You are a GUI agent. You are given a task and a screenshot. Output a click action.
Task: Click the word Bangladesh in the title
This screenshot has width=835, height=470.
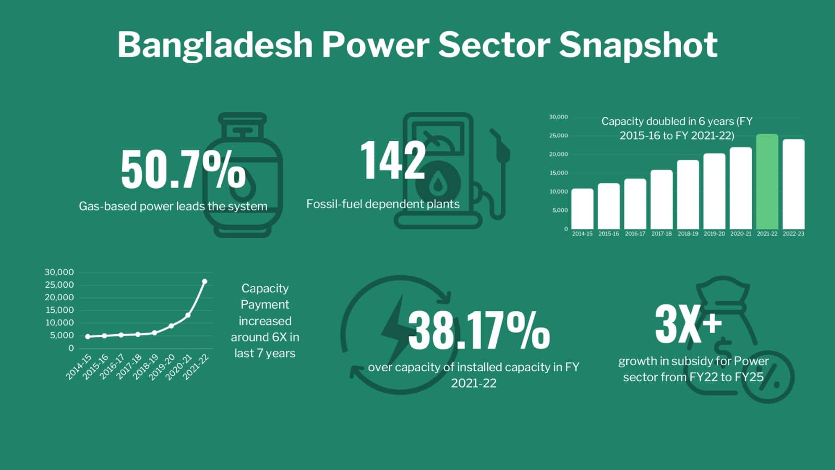click(214, 45)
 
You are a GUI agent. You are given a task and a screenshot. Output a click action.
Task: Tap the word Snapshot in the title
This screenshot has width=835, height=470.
click(638, 45)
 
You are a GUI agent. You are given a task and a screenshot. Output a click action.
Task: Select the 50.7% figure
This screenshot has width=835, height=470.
click(183, 170)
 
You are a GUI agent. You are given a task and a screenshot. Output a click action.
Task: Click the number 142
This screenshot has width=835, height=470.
click(393, 161)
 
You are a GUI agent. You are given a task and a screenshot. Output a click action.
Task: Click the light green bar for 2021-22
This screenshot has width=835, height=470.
click(767, 182)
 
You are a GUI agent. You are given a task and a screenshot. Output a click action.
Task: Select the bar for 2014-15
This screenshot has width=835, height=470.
click(582, 209)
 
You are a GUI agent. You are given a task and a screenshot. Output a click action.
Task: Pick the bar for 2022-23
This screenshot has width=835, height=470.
click(794, 184)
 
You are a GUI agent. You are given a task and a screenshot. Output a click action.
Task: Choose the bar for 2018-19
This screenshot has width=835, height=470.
click(688, 195)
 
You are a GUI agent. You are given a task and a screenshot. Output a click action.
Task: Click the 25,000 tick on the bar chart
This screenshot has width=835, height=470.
click(558, 135)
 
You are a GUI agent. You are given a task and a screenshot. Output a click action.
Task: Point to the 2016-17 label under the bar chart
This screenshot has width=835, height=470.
click(635, 233)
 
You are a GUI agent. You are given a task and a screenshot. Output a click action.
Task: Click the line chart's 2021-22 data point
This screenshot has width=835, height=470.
click(204, 281)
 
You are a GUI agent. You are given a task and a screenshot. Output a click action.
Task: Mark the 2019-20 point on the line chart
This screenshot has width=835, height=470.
click(171, 326)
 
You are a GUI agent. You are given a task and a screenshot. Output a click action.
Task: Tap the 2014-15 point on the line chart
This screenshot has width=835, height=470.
click(88, 336)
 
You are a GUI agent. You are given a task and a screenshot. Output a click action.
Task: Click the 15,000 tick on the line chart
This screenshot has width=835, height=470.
click(59, 310)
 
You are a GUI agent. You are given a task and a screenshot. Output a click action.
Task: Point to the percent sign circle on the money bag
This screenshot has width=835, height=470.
click(768, 377)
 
